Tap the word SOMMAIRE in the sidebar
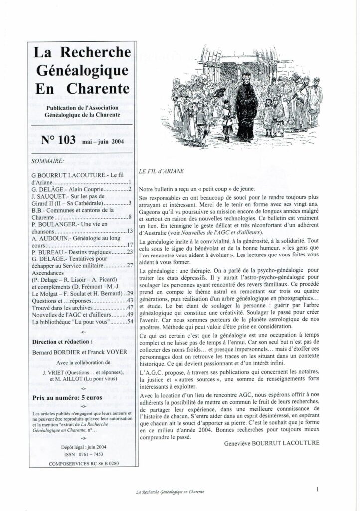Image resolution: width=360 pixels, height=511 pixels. (x=47, y=161)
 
